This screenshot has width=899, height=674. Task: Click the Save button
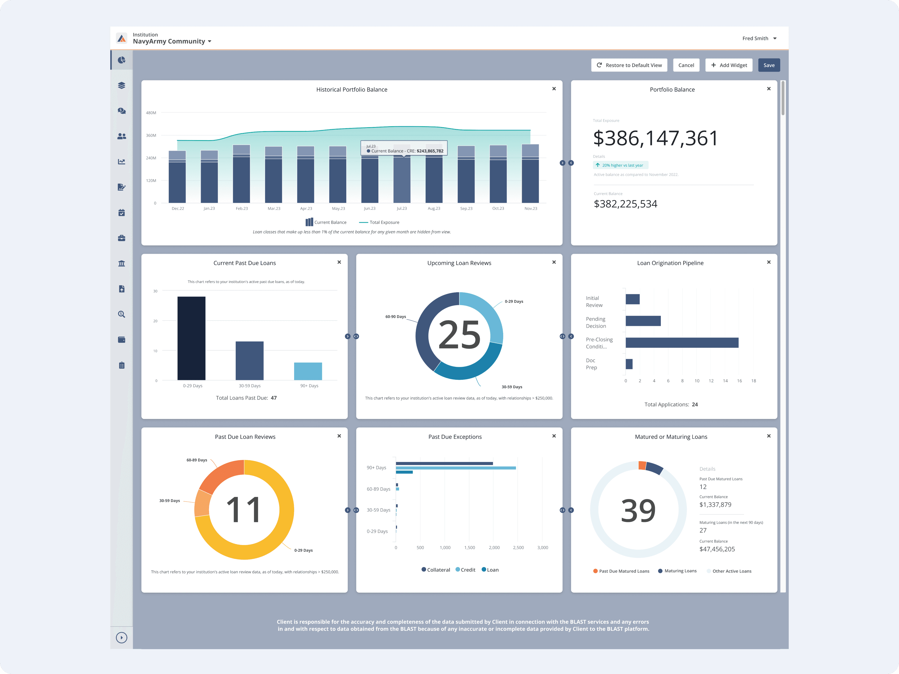click(x=768, y=65)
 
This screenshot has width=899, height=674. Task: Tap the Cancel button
click(x=686, y=65)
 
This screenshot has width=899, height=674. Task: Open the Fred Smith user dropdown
click(x=759, y=38)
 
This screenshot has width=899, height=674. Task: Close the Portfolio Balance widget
click(x=768, y=88)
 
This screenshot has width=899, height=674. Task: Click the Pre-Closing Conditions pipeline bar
click(x=682, y=342)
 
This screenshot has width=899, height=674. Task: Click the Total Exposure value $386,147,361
click(x=656, y=138)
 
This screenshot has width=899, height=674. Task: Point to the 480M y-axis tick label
click(x=151, y=113)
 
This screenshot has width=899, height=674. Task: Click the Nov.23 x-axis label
click(x=531, y=209)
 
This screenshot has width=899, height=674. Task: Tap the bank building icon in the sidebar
click(x=122, y=263)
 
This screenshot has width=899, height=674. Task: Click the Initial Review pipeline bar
click(x=633, y=299)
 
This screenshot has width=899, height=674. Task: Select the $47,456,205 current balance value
click(x=717, y=549)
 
